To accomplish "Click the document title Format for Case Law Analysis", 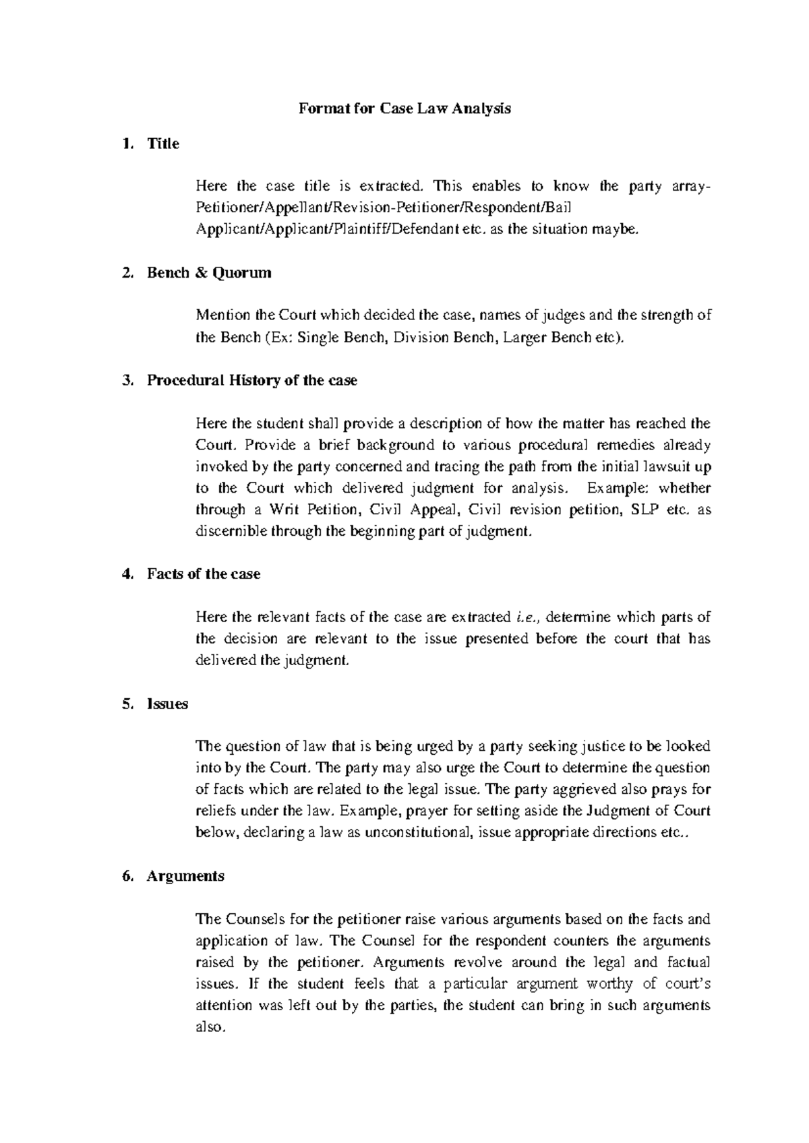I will click(404, 109).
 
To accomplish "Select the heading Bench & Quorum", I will click(209, 273).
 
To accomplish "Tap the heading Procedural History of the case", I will click(252, 381).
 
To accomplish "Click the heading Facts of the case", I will click(204, 574).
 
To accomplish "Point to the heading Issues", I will click(167, 704).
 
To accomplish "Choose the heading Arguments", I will click(185, 876).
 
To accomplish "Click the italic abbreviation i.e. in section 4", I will click(525, 617).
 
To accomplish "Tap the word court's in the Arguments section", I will click(684, 984).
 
